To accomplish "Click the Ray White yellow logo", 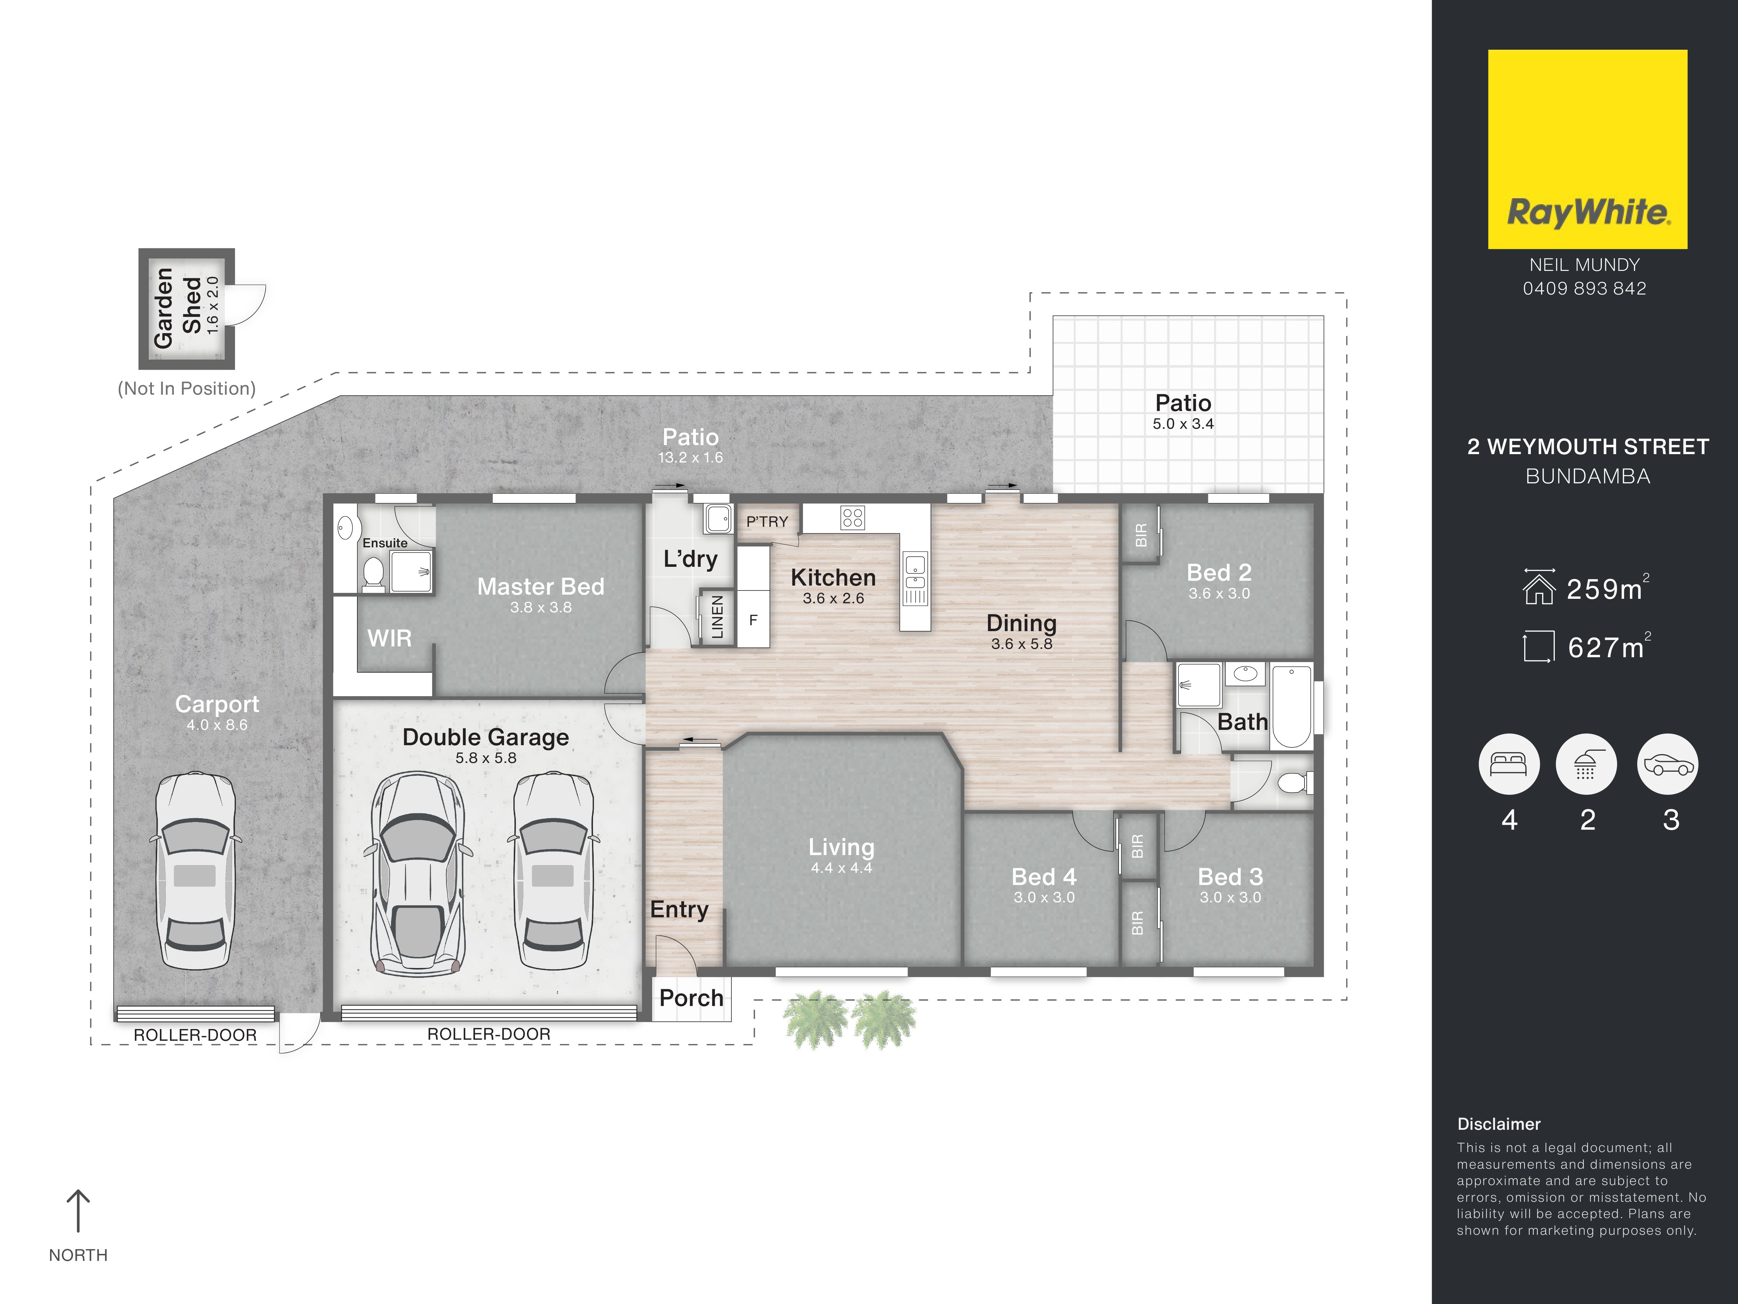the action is point(1587,149).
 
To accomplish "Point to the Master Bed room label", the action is point(541,586).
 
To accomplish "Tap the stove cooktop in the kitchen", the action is point(853,517).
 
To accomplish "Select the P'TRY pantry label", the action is point(767,522).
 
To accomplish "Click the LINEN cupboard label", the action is point(716,617).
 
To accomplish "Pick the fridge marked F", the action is point(753,620).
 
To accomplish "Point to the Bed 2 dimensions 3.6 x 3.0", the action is point(1219,594).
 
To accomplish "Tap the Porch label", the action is point(691,998).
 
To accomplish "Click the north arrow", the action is point(78,1210).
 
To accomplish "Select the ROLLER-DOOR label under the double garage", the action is point(489,1035).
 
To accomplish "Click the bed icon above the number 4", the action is point(1509,764).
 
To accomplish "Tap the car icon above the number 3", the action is point(1667,764).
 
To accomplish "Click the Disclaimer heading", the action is point(1499,1124).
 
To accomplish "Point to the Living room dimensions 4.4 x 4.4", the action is point(842,868).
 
